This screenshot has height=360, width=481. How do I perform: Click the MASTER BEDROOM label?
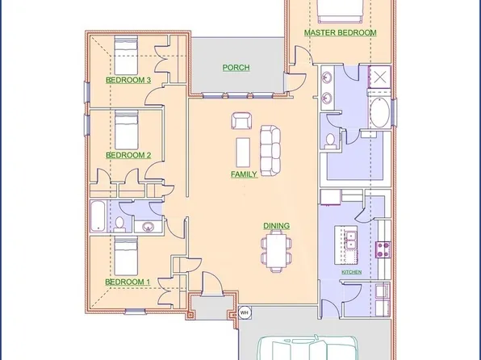(x=340, y=33)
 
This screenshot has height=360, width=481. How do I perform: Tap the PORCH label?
(x=236, y=68)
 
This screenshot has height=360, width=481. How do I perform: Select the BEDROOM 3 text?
(x=128, y=81)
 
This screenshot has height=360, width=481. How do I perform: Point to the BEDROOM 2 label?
(x=128, y=154)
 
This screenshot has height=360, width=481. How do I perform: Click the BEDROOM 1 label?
(x=128, y=281)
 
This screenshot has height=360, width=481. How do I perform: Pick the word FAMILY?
(x=244, y=174)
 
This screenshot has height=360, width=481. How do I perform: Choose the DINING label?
(x=276, y=226)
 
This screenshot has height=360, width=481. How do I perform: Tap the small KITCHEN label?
(x=351, y=273)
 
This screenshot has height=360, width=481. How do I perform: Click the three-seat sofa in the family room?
(x=269, y=149)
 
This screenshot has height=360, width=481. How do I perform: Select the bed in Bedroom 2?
(x=125, y=129)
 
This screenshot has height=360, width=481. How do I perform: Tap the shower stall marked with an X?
(x=379, y=77)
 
